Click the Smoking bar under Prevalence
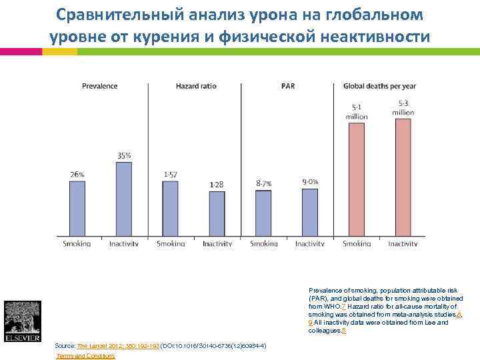pyautogui.click(x=77, y=209)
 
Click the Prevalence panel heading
pyautogui.click(x=100, y=86)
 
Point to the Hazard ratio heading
pyautogui.click(x=196, y=86)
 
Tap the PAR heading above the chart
pyautogui.click(x=288, y=86)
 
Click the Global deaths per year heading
pyautogui.click(x=379, y=86)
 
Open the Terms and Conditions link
pyautogui.click(x=86, y=356)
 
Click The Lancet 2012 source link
pyautogui.click(x=118, y=346)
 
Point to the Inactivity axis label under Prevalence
pyautogui.click(x=124, y=244)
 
